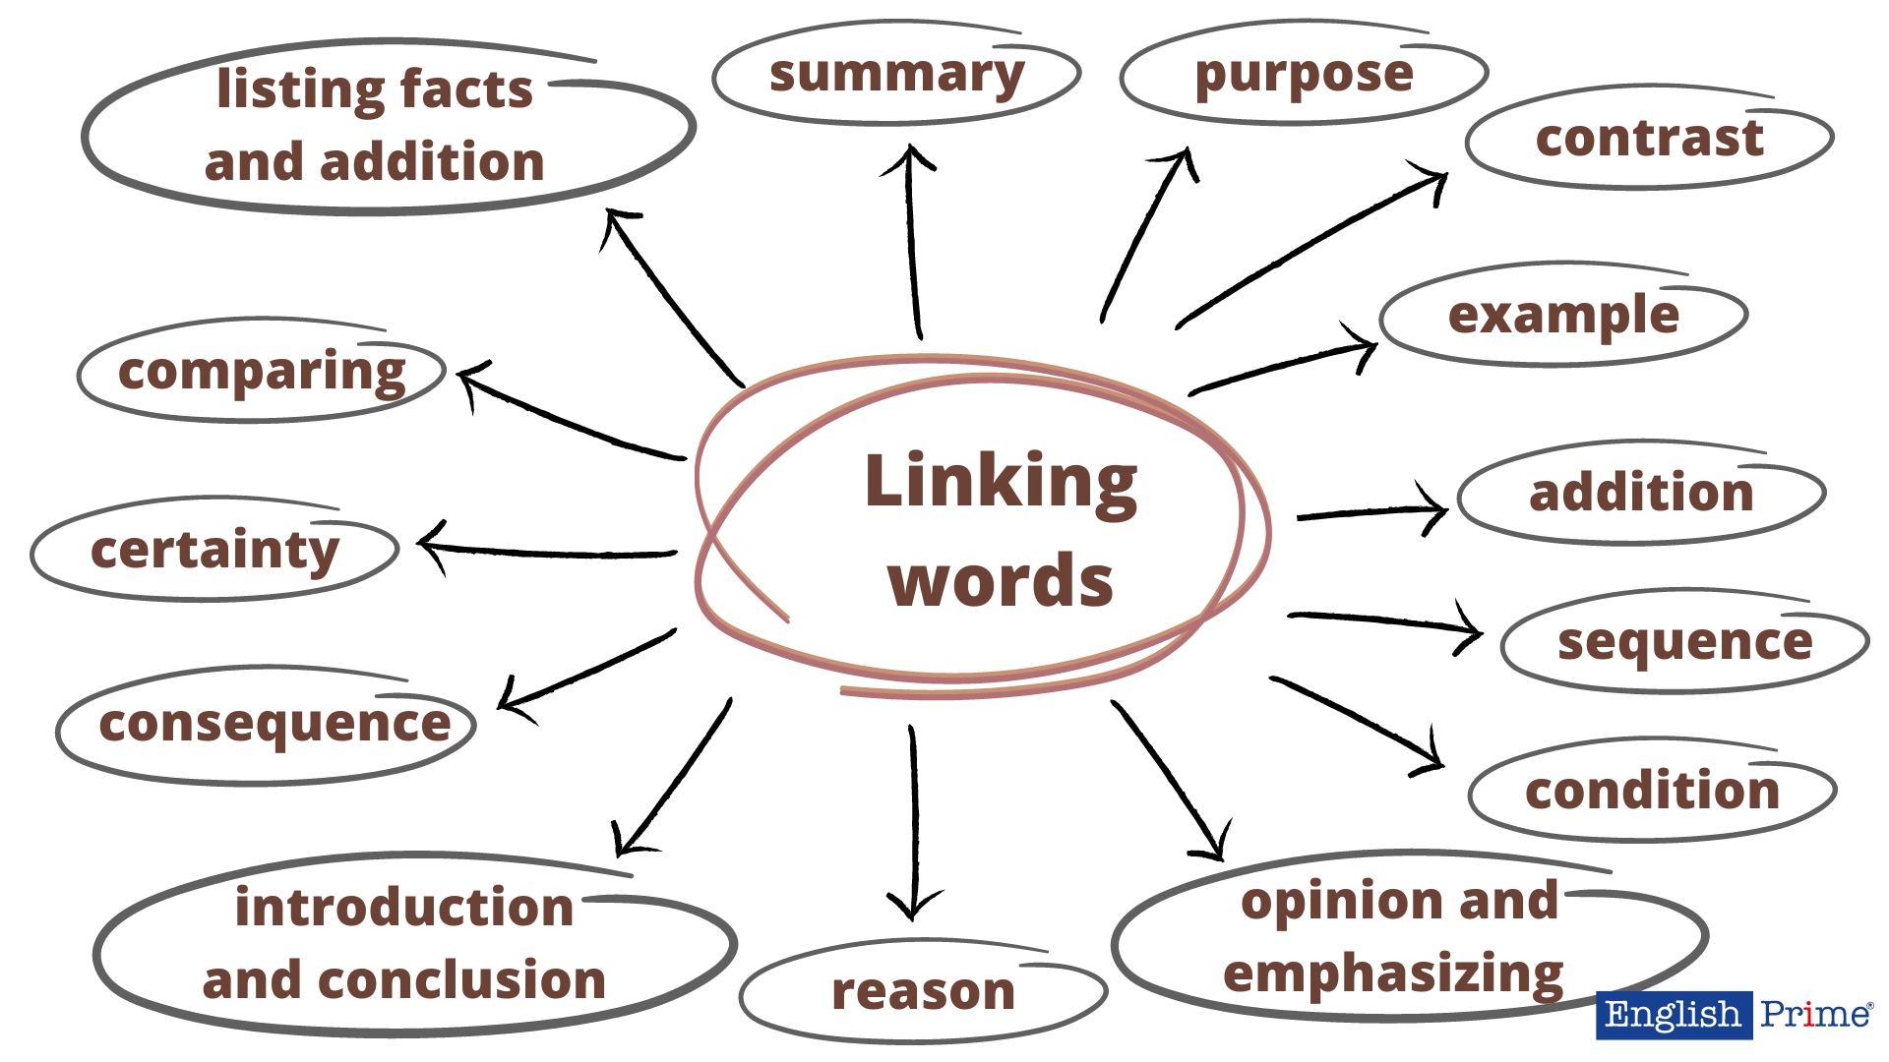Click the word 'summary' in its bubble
(x=896, y=75)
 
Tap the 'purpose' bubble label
(x=1304, y=75)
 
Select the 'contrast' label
(x=1649, y=138)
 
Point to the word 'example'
(x=1563, y=316)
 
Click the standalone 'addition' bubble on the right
(x=1641, y=493)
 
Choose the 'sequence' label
(x=1684, y=642)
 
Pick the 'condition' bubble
(x=1652, y=791)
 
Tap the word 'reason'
(x=923, y=991)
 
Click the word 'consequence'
(x=274, y=725)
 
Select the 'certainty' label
(x=214, y=550)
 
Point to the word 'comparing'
(x=262, y=372)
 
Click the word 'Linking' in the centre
(x=1001, y=482)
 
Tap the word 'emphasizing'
(x=1393, y=973)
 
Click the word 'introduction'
(x=403, y=907)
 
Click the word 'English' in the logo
(x=1673, y=1015)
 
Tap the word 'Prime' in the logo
(x=1815, y=1015)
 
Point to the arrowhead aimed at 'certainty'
(x=427, y=544)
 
